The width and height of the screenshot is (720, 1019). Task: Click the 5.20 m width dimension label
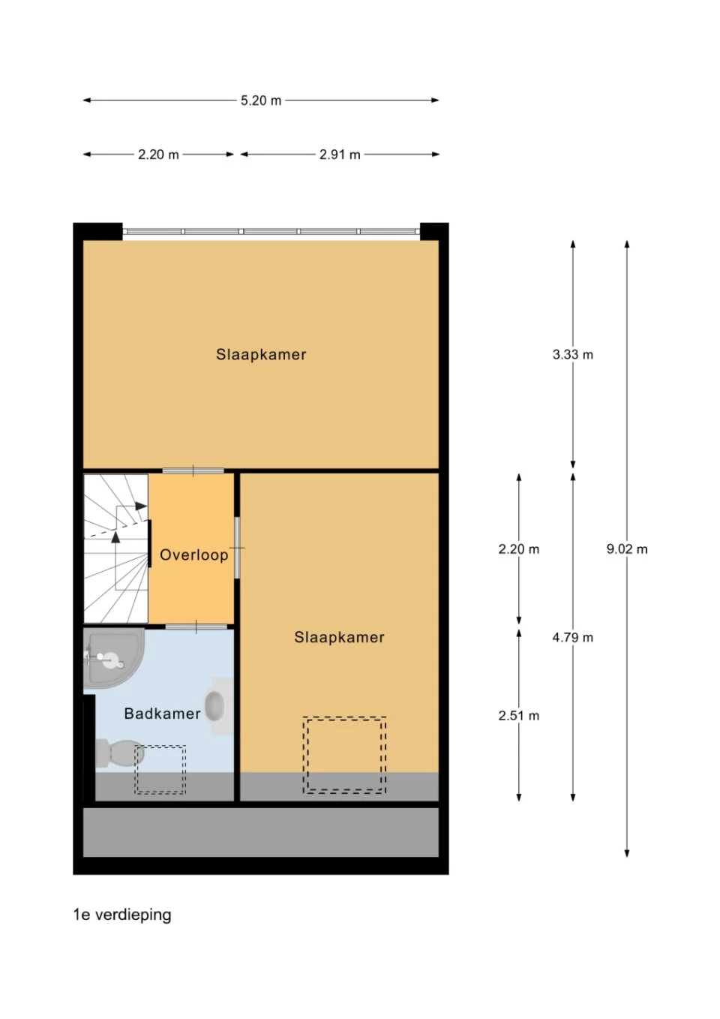tap(260, 100)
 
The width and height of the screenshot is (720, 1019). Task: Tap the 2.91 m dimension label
tap(340, 155)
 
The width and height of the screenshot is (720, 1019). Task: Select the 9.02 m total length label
tap(627, 549)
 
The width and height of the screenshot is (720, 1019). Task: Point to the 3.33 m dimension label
tap(573, 354)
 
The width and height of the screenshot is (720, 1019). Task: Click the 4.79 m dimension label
tap(573, 637)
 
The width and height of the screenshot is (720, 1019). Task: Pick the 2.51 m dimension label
tap(519, 716)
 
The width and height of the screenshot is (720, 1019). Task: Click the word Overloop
tap(194, 555)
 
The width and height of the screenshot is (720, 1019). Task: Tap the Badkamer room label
tap(162, 714)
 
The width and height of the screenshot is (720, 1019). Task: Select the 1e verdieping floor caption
tap(122, 915)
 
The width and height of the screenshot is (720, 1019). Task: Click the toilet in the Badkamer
tap(120, 754)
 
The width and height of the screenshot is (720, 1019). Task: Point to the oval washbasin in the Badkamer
tap(214, 706)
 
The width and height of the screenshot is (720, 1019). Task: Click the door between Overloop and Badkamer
tap(196, 627)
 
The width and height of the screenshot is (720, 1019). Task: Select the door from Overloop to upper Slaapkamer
tap(193, 470)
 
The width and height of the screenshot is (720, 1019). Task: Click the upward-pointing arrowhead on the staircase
tap(116, 537)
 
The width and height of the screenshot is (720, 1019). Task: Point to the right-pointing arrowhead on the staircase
tap(141, 506)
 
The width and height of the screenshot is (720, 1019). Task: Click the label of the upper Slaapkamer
tap(261, 354)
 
